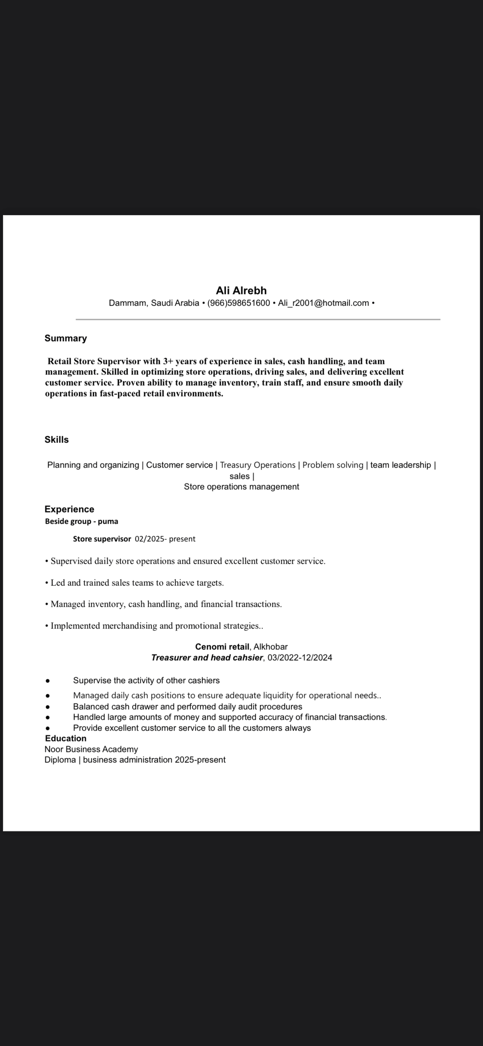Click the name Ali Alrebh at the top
click(x=241, y=290)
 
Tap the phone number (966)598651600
click(x=239, y=303)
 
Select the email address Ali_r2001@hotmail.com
click(x=323, y=303)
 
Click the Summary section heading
click(x=66, y=338)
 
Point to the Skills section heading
click(x=57, y=439)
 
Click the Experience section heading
click(x=69, y=509)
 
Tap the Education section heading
click(x=66, y=738)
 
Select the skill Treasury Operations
click(x=258, y=465)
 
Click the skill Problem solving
click(x=332, y=465)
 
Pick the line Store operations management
click(x=241, y=486)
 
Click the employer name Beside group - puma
click(x=81, y=522)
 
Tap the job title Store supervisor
click(x=101, y=539)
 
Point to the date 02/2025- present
click(x=165, y=539)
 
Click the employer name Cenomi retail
click(x=222, y=646)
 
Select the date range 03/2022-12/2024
click(x=300, y=657)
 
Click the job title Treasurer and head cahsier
click(x=207, y=657)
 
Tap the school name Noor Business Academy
click(x=91, y=749)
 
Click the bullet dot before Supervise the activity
click(x=48, y=680)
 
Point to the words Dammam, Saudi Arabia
click(x=154, y=303)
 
